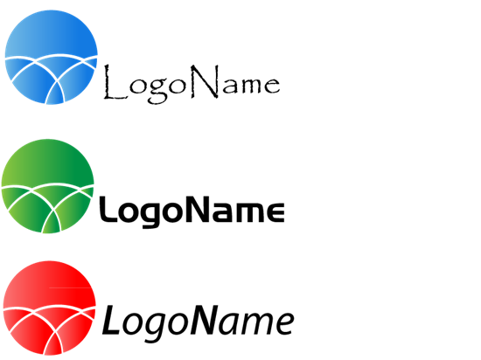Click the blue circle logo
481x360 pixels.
point(52,58)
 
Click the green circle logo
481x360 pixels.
point(47,186)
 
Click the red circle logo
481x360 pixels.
point(49,308)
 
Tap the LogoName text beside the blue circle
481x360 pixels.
point(192,84)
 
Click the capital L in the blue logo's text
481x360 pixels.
point(115,82)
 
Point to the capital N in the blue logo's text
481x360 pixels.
point(206,81)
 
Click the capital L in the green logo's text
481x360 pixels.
point(108,209)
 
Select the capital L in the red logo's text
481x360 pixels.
point(111,320)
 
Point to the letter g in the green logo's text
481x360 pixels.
point(151,215)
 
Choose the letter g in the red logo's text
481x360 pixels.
point(157,327)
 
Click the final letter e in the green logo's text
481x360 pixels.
point(275,212)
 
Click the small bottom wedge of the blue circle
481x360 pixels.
point(55,93)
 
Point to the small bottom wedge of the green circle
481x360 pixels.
point(52,223)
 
